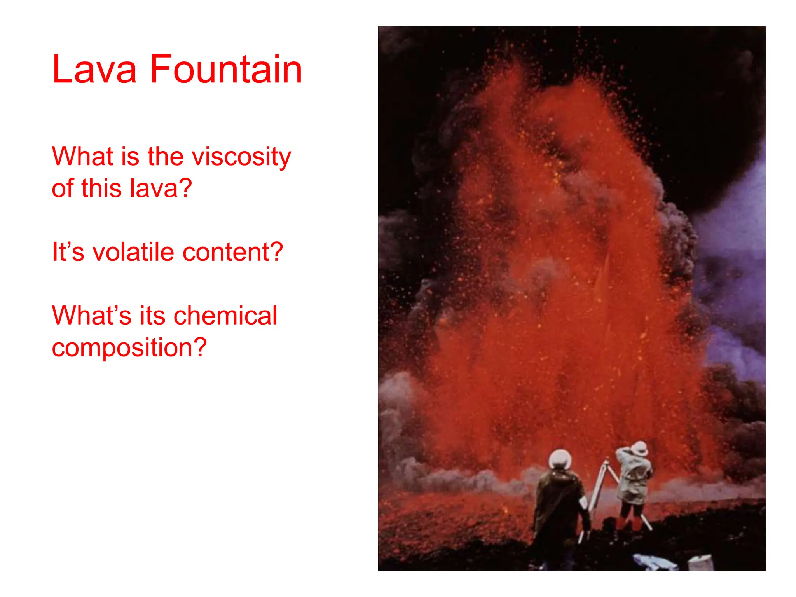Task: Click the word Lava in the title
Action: point(94,70)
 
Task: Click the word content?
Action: point(233,252)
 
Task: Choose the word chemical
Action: point(225,316)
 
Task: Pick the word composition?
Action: point(129,348)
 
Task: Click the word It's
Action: point(68,252)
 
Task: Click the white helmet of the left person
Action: point(560,460)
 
